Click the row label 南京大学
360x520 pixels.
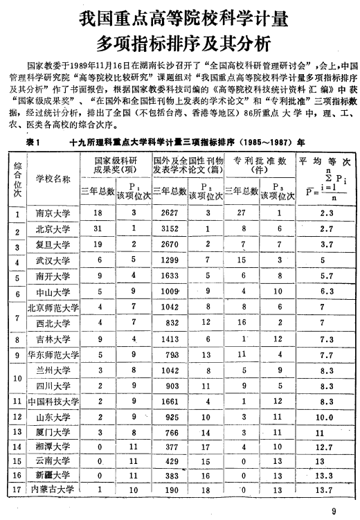[x=53, y=213]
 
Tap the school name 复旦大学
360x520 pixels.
[x=53, y=244]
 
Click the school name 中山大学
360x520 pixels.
[x=53, y=292]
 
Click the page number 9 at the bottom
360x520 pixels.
[x=334, y=512]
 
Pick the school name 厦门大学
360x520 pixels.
[x=53, y=431]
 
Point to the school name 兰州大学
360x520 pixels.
[x=53, y=370]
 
